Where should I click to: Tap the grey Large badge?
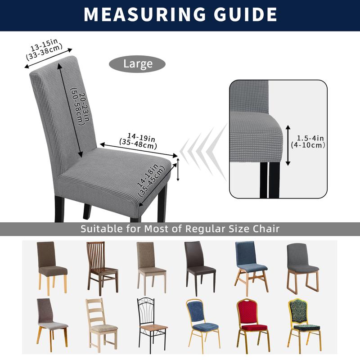pos(138,64)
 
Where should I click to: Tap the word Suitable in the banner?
pos(102,229)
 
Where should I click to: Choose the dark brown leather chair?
pos(200,268)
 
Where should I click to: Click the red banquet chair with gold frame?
pos(252,324)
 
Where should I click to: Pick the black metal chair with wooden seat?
pos(152,324)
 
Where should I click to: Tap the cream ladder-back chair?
pos(102,324)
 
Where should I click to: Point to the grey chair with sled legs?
pos(302,267)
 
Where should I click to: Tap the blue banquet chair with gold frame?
pos(202,324)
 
